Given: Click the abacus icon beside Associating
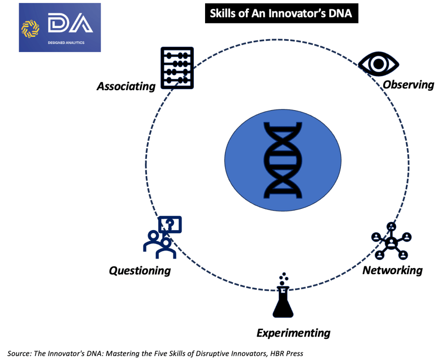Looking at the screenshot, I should pyautogui.click(x=177, y=68).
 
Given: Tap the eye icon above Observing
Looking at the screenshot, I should pyautogui.click(x=378, y=64).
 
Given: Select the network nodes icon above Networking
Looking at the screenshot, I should pyautogui.click(x=392, y=241).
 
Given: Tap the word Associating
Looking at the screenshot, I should pyautogui.click(x=126, y=86).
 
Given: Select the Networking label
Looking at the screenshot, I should pyautogui.click(x=392, y=270).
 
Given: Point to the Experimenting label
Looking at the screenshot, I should pyautogui.click(x=294, y=333).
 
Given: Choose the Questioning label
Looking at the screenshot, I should pyautogui.click(x=140, y=271).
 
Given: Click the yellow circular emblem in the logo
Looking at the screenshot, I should pyautogui.click(x=30, y=27).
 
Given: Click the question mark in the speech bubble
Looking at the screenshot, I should pyautogui.click(x=170, y=224).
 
